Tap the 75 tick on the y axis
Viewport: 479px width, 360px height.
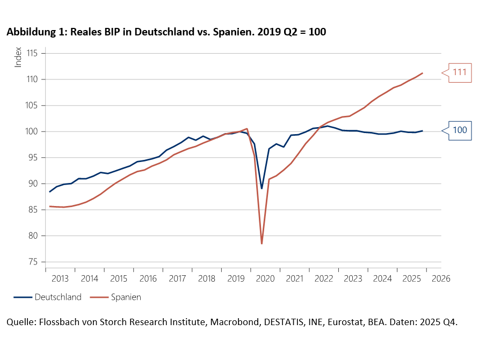pyautogui.click(x=34, y=262)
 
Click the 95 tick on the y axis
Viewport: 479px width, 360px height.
pyautogui.click(x=34, y=158)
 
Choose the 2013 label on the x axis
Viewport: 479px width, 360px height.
pyautogui.click(x=60, y=279)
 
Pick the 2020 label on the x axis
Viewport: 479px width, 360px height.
pyautogui.click(x=265, y=279)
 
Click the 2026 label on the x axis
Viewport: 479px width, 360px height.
pyautogui.click(x=441, y=279)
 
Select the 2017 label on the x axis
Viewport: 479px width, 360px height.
pyautogui.click(x=177, y=279)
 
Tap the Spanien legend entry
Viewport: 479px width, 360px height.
pyautogui.click(x=125, y=297)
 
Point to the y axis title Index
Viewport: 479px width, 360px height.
pyautogui.click(x=18, y=57)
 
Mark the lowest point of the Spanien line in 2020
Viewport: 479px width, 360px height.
pyautogui.click(x=262, y=244)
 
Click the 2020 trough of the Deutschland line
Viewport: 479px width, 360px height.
pyautogui.click(x=262, y=188)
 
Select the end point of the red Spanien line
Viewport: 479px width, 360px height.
pyautogui.click(x=423, y=73)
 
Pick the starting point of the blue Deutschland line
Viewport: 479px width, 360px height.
pyautogui.click(x=50, y=192)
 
